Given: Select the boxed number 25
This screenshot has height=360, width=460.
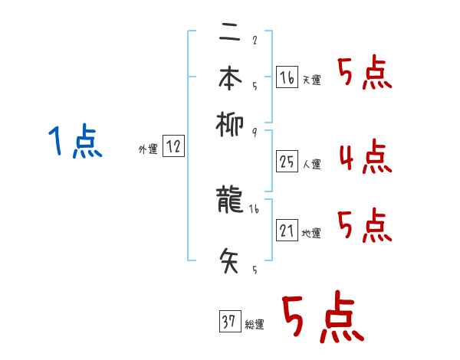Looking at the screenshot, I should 287,162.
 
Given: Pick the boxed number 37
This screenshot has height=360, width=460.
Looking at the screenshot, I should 229,322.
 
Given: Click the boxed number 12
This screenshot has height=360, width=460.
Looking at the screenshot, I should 173,148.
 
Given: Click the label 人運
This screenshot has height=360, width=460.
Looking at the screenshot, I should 312,164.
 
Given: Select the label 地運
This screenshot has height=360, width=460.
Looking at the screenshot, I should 312,233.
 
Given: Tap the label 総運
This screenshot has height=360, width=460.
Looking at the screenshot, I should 255,325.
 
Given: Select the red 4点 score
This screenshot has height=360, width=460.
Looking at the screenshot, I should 364,157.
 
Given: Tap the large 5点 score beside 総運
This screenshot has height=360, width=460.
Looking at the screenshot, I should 323,318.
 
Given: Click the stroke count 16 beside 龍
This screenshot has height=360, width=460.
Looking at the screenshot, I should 255,209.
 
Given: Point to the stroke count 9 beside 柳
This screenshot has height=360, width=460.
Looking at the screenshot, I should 254,132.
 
